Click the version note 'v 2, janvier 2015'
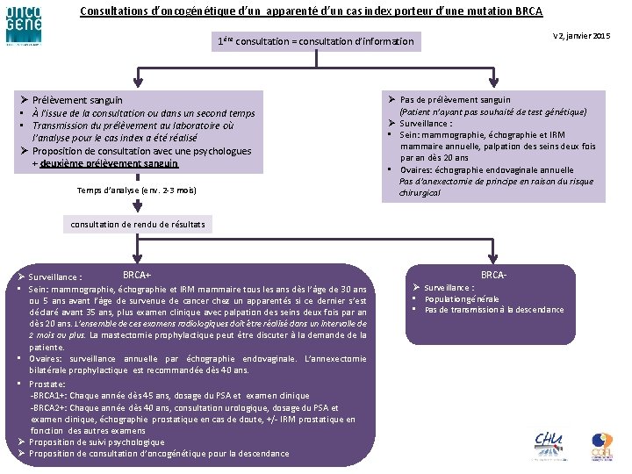[x=581, y=35]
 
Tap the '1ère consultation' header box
[x=315, y=41]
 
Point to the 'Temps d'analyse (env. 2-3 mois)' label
[x=136, y=190]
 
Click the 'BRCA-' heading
[x=493, y=275]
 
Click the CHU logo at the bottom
[x=550, y=443]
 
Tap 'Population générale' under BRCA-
[x=461, y=298]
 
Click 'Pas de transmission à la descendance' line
[x=494, y=310]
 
